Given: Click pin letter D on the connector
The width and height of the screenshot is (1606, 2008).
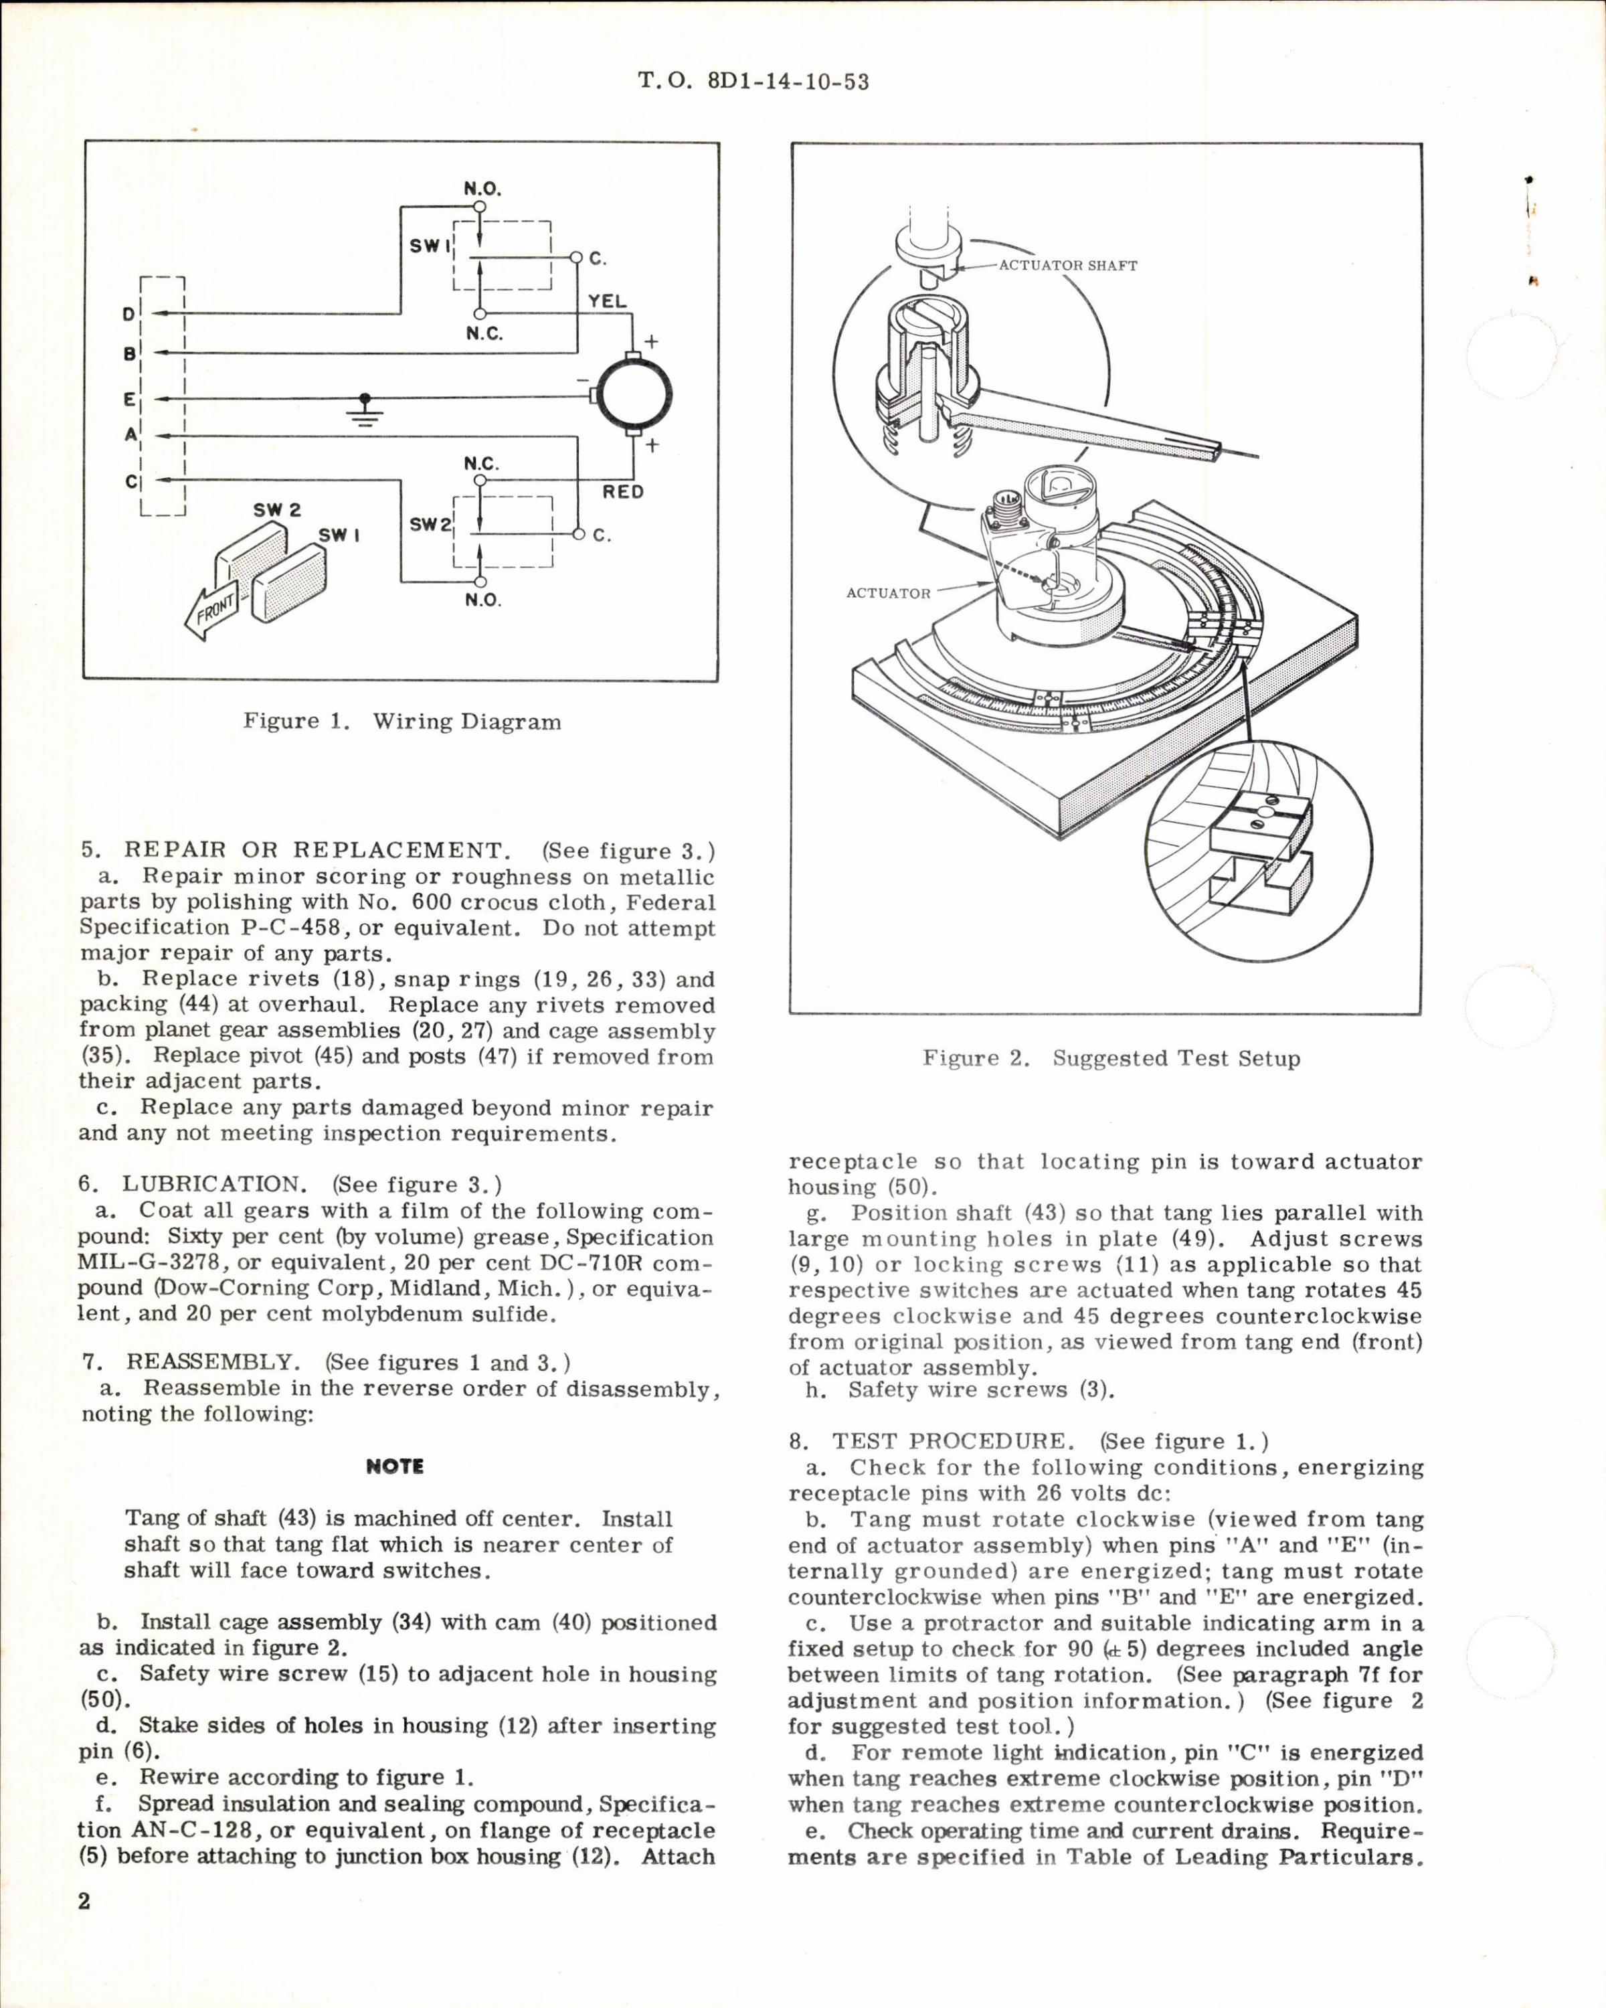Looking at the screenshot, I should point(128,315).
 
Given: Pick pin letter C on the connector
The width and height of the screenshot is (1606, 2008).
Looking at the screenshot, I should point(129,481).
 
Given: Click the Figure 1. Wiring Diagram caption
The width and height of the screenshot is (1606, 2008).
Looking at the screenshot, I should point(401,722).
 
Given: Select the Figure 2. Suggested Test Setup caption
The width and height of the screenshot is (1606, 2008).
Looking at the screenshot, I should point(1111,1058).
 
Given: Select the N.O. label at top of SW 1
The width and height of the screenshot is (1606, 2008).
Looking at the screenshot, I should point(482,189).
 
